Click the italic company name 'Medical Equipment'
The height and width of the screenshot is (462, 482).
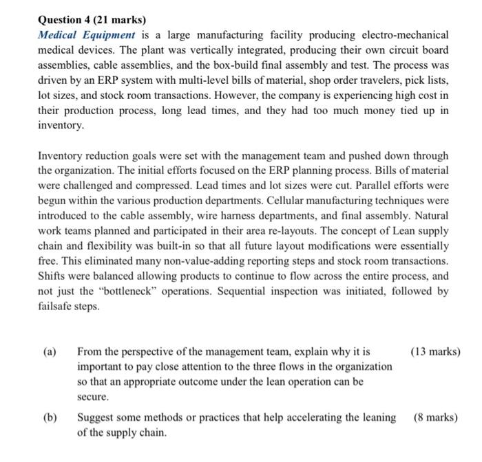(87, 34)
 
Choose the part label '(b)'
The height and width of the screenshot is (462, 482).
(50, 417)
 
